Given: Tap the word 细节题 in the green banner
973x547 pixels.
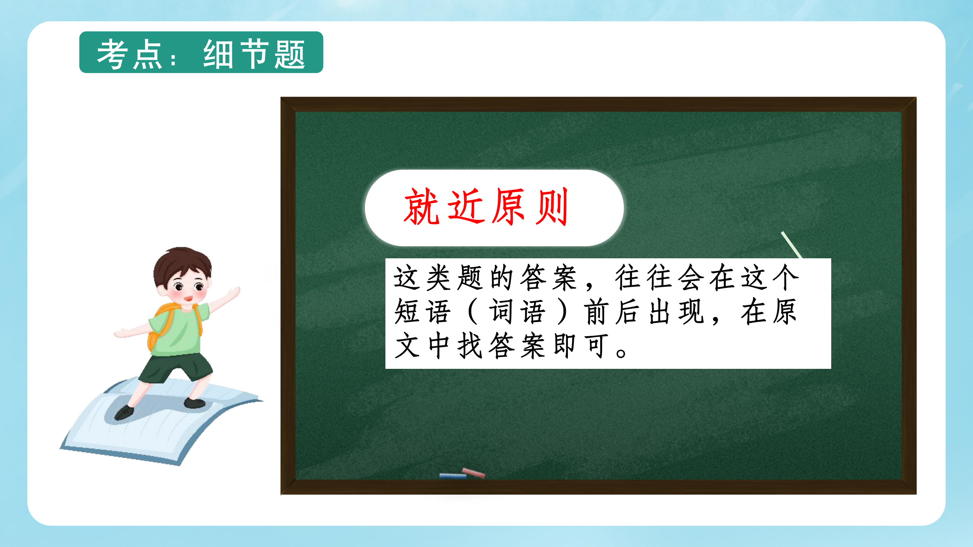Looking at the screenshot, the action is [254, 54].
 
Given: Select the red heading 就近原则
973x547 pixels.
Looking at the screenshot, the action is [486, 207].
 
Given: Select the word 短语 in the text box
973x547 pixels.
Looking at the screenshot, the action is [423, 311].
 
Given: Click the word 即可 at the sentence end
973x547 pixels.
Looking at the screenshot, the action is [582, 346].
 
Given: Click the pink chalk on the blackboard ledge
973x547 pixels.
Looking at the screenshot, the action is [473, 473].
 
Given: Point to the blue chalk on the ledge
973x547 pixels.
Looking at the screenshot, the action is [453, 476].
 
